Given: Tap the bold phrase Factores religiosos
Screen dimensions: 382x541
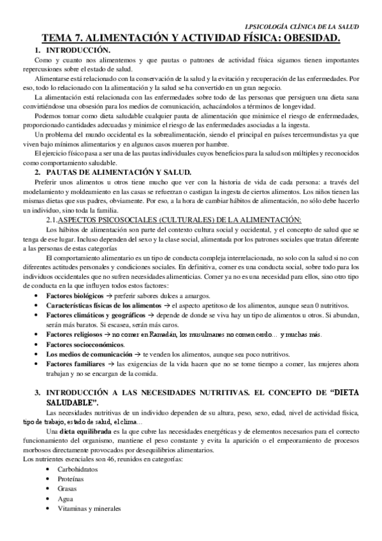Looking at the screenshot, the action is [74, 335].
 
